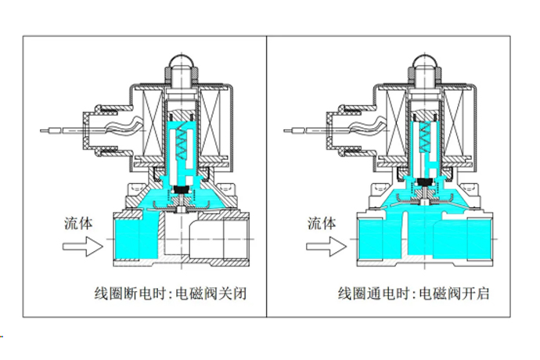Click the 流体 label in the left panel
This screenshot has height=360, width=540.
78,222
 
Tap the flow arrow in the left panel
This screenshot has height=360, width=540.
81,247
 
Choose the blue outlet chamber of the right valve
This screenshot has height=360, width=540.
477,239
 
